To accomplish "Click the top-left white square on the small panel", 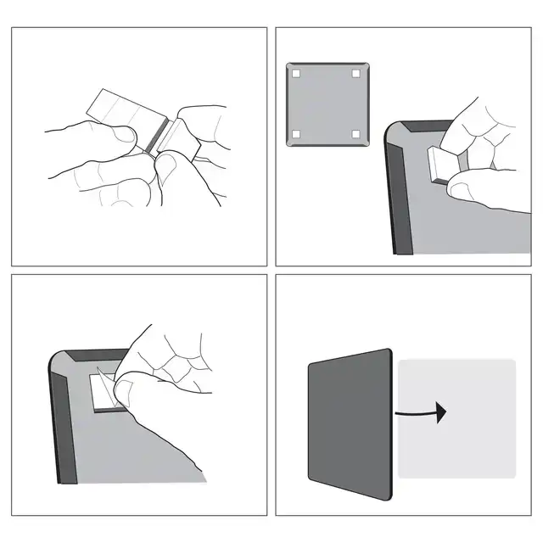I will [296, 73].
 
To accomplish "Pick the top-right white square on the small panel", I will [355, 73].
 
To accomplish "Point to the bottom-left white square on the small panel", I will [296, 134].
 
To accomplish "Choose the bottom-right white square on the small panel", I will [355, 134].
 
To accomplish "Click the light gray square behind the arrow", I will [475, 441].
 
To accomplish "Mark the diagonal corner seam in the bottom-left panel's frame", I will [61, 365].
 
